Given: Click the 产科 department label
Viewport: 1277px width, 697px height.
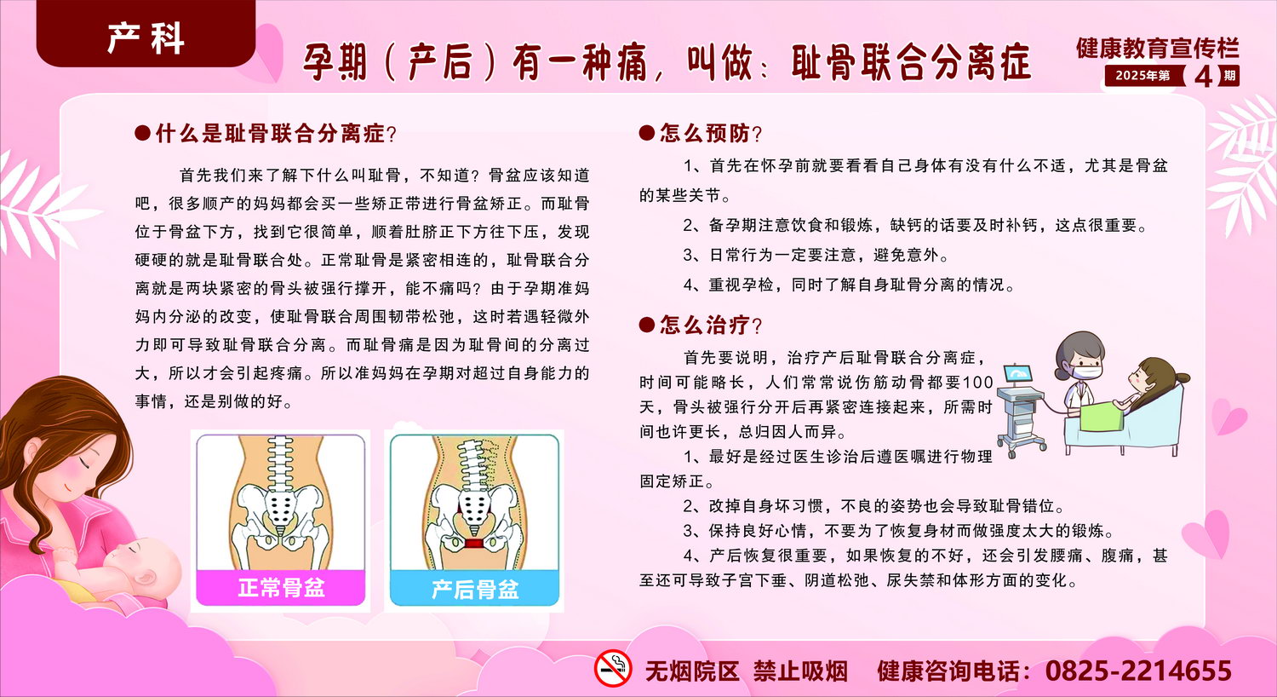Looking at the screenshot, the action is click(146, 39).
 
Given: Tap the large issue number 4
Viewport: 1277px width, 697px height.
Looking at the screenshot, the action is click(1203, 77).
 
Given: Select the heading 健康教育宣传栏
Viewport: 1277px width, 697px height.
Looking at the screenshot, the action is click(1157, 48).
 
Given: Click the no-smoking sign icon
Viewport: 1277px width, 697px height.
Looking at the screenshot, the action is click(613, 668).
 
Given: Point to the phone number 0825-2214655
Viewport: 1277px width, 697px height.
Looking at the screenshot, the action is click(1138, 671).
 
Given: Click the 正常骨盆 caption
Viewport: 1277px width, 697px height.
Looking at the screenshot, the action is click(281, 588).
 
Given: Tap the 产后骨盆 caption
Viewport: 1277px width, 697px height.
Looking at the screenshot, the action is click(475, 589).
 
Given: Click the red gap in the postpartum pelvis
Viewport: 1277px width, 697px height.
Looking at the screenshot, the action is click(474, 543).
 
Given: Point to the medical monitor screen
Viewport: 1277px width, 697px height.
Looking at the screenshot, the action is click(1018, 374).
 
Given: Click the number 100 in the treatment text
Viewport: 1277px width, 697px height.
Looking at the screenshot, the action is click(978, 382).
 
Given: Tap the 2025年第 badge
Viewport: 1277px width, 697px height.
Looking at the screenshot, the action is click(1142, 75).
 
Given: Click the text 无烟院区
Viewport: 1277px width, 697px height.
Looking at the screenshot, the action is click(692, 671).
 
